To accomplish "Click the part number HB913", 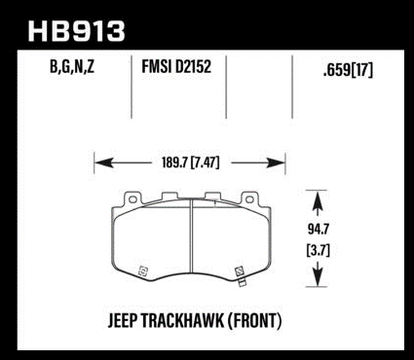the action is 77,31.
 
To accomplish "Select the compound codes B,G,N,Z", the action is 72,67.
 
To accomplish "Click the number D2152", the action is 194,66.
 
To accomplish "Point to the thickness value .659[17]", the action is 348,69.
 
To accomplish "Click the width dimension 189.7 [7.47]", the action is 191,162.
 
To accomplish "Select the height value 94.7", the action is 319,230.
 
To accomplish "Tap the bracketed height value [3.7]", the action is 319,250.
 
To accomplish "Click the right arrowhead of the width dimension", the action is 276,162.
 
